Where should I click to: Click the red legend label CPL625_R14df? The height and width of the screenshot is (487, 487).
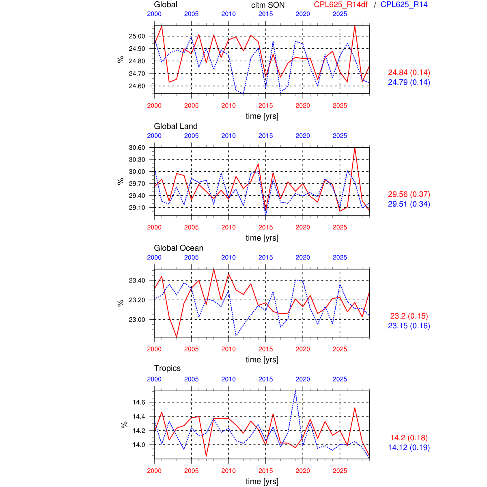click(341, 4)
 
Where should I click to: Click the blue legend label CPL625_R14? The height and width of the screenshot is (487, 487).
click(404, 4)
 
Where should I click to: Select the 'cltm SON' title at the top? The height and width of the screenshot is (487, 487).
click(268, 5)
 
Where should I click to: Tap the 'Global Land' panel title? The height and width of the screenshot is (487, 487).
click(176, 126)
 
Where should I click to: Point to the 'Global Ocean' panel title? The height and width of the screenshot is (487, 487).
click(179, 248)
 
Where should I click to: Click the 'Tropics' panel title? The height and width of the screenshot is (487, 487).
click(167, 368)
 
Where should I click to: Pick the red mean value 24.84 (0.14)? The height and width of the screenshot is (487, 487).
click(409, 73)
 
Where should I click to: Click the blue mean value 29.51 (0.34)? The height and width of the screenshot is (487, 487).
click(409, 204)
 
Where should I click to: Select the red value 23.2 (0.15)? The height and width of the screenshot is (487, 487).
click(409, 316)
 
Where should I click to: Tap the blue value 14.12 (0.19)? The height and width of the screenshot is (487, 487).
click(409, 448)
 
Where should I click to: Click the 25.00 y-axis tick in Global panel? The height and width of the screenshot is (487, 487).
click(137, 36)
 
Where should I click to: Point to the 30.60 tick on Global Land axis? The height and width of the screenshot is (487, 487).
click(137, 148)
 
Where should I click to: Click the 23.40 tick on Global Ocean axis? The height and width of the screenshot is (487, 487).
click(137, 280)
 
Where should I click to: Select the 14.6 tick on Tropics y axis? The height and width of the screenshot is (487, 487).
click(139, 402)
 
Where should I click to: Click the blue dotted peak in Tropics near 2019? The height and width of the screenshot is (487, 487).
click(295, 391)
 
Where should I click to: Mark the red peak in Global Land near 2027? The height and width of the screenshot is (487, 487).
click(355, 148)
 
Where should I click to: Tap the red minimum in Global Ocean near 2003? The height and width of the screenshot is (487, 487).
click(177, 337)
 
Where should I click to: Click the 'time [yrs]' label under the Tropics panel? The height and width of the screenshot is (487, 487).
click(262, 481)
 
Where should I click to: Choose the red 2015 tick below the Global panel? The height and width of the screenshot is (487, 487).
click(266, 106)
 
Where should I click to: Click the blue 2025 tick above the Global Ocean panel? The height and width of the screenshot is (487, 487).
click(340, 257)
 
